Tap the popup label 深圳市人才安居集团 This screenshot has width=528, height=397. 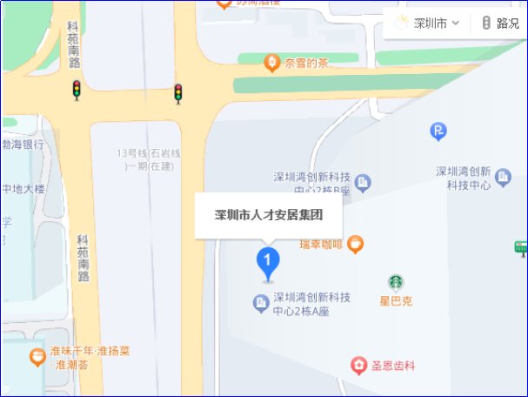click(x=269, y=214)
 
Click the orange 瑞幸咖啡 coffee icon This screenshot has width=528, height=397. click(x=354, y=245)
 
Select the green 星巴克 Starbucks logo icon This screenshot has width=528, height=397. click(x=396, y=282)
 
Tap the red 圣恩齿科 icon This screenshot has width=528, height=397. click(x=358, y=364)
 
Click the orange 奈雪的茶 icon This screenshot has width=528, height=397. click(x=272, y=63)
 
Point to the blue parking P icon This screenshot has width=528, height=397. click(x=438, y=131)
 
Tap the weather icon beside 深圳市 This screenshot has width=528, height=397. click(x=401, y=23)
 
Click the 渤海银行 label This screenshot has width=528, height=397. click(x=23, y=145)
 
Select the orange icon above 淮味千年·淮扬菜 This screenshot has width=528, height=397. click(x=37, y=355)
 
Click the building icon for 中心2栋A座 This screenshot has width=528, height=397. click(x=259, y=303)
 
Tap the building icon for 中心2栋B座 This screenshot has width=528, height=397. click(x=363, y=182)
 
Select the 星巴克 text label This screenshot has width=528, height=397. click(x=396, y=301)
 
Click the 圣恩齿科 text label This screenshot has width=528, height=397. click(x=393, y=366)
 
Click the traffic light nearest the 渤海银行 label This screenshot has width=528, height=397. click(x=77, y=89)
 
